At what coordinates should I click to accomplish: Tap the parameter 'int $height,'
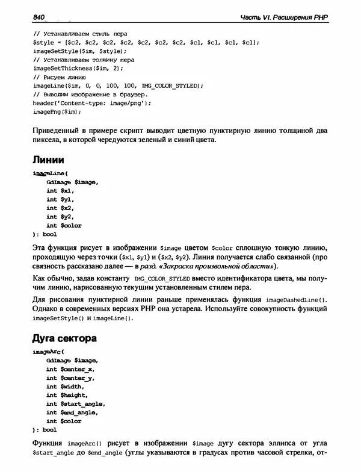click(67, 387)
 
